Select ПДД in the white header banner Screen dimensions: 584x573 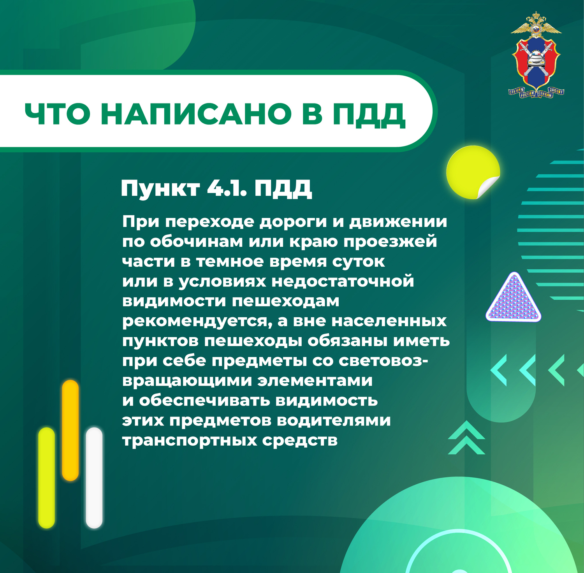coord(369,115)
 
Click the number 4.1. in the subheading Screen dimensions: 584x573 coord(227,188)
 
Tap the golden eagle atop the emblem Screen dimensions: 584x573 coord(536,24)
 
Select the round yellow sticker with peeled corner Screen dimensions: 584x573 coord(473,172)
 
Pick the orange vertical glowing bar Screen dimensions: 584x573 coord(70,430)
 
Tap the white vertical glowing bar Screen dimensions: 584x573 coord(94,478)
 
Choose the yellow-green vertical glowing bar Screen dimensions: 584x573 coord(47,478)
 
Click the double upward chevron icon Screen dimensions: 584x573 coord(466,438)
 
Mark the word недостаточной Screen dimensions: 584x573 coord(343,281)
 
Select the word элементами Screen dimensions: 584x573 coord(315,380)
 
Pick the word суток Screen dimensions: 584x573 coord(358,262)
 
